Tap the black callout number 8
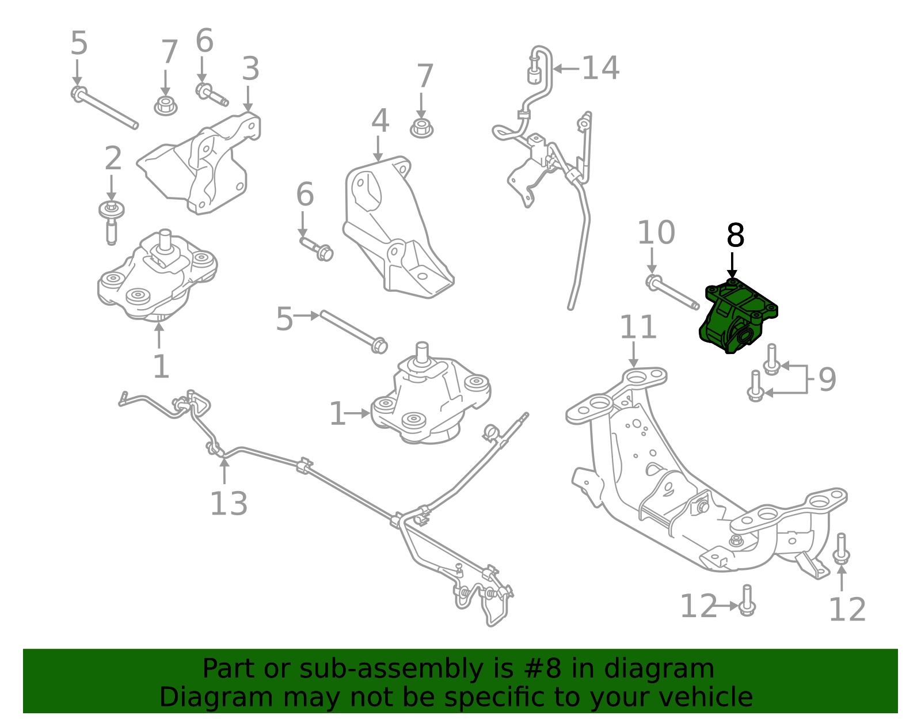pyautogui.click(x=735, y=236)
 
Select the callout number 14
pyautogui.click(x=600, y=69)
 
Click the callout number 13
pyautogui.click(x=229, y=504)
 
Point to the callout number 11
pyautogui.click(x=638, y=328)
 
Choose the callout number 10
pyautogui.click(x=656, y=233)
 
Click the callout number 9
pyautogui.click(x=827, y=379)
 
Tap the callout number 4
pyautogui.click(x=380, y=121)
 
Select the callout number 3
pyautogui.click(x=250, y=69)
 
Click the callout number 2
pyautogui.click(x=113, y=158)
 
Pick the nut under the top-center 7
pyautogui.click(x=421, y=128)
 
